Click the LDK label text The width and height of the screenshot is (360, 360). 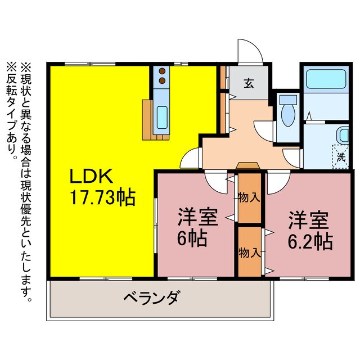(93, 177)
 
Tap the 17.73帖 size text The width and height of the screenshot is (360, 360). (102, 197)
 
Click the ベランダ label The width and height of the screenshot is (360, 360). (151, 297)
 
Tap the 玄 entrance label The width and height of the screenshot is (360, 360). (248, 84)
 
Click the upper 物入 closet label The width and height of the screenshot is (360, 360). (249, 197)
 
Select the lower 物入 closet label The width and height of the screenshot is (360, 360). (249, 251)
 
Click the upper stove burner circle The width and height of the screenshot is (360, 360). (162, 71)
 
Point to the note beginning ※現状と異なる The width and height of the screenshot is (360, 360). (26, 180)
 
